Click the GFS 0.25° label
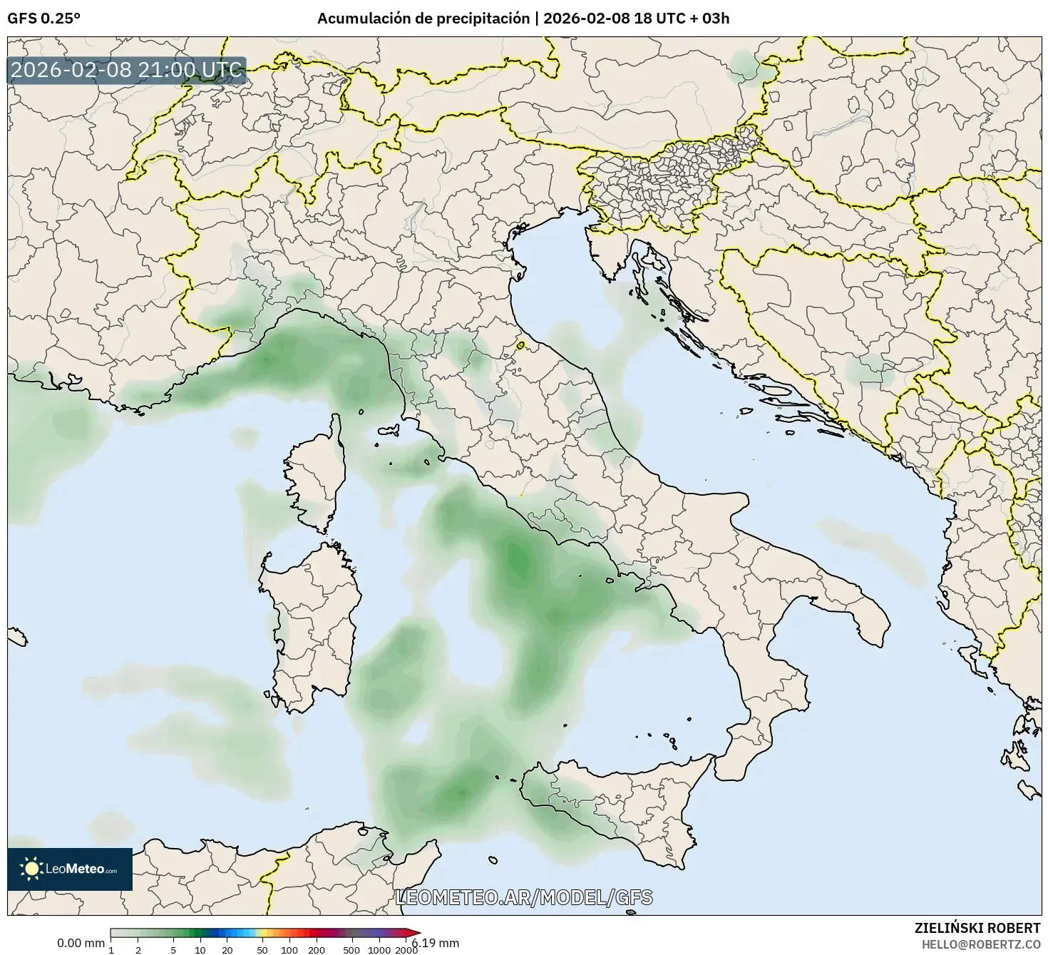pos(43,19)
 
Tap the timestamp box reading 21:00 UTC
pos(127,71)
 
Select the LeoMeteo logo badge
pos(70,869)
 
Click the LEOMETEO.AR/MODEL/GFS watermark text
pos(523,897)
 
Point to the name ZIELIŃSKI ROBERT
pos(977,928)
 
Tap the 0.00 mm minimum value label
pos(81,943)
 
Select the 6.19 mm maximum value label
pos(436,943)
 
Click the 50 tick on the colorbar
pos(262,949)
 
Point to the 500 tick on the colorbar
pos(351,949)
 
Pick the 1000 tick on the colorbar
pos(379,949)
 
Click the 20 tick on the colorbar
pos(227,949)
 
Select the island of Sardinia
pos(310,628)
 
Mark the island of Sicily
pos(627,806)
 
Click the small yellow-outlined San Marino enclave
pos(520,345)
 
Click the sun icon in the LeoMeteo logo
pos(31,869)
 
